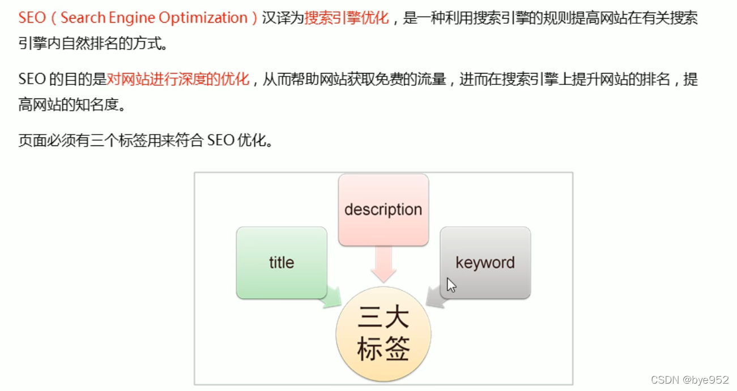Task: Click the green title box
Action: point(282,263)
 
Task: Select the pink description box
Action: point(383,209)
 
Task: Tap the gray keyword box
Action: point(485,263)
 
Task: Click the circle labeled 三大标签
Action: point(384,334)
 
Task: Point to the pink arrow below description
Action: point(384,265)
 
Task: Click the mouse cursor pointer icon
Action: point(451,285)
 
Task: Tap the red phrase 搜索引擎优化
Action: point(347,18)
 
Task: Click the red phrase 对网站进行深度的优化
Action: point(178,79)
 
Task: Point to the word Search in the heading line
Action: point(83,18)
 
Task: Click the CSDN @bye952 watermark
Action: point(689,380)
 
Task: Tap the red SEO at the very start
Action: point(32,18)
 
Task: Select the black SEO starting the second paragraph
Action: point(32,79)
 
